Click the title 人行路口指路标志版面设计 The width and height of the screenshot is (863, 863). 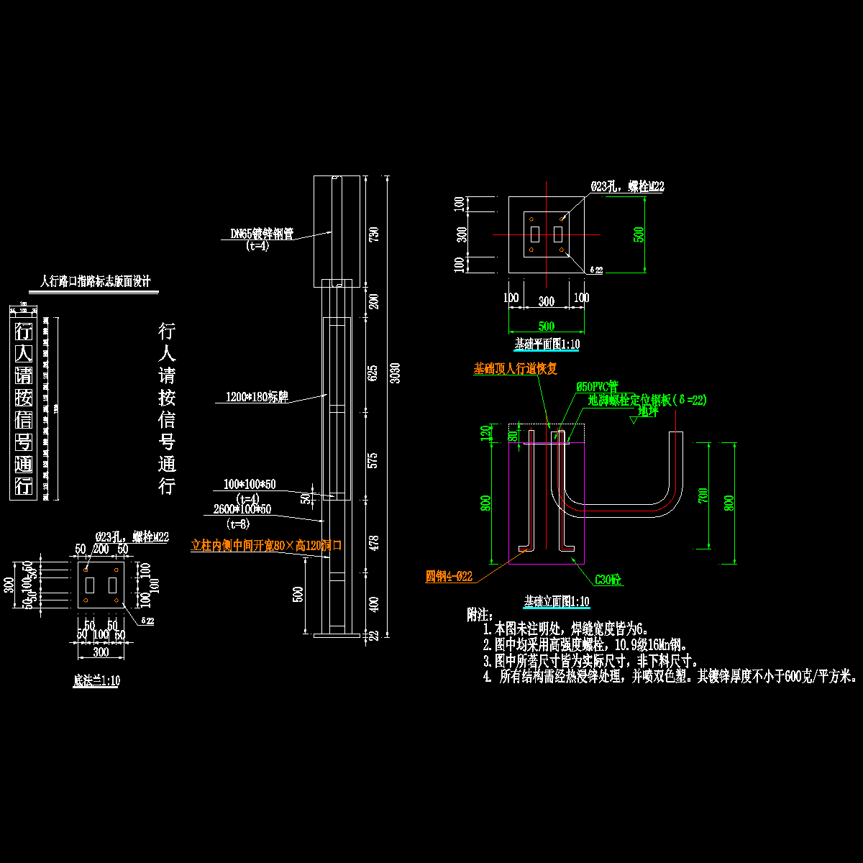click(95, 281)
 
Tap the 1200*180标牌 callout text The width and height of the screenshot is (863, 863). click(257, 397)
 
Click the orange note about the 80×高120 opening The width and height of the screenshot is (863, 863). click(265, 546)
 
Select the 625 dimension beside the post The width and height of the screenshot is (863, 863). click(373, 373)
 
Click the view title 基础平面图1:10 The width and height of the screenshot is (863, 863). click(547, 344)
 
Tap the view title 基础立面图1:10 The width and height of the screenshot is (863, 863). click(557, 601)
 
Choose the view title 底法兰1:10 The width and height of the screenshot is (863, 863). click(96, 680)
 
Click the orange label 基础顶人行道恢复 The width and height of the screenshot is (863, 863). click(515, 369)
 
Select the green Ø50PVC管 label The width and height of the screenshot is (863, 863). click(597, 386)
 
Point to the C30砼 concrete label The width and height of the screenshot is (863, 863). click(608, 579)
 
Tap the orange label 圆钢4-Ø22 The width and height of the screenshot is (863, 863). click(449, 576)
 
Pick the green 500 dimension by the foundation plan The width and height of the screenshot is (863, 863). click(639, 234)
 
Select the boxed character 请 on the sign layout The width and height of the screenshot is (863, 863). click(24, 375)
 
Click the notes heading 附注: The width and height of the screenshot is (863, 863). click(480, 615)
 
